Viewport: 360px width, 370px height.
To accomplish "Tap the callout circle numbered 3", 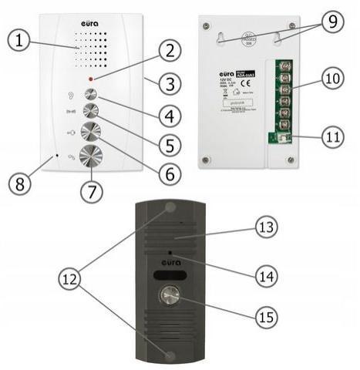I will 170,80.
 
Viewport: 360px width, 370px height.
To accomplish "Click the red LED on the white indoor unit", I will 91,79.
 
